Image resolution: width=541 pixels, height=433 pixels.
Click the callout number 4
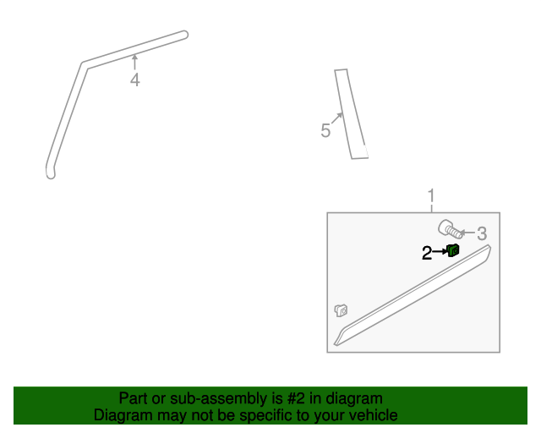pyautogui.click(x=134, y=80)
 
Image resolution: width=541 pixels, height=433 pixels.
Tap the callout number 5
pyautogui.click(x=325, y=131)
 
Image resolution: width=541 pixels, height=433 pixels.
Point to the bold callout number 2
pyautogui.click(x=427, y=252)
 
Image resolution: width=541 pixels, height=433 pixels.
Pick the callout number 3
pyautogui.click(x=482, y=233)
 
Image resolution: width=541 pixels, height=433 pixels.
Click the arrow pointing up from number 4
pyautogui.click(x=134, y=62)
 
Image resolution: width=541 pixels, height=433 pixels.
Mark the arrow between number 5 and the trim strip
pyautogui.click(x=336, y=119)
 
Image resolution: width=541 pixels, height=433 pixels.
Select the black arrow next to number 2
pyautogui.click(x=439, y=251)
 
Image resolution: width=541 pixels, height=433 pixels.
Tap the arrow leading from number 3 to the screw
pyautogui.click(x=467, y=232)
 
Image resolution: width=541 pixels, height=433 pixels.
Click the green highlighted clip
pyautogui.click(x=453, y=249)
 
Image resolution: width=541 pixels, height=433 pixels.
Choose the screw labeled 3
pyautogui.click(x=449, y=227)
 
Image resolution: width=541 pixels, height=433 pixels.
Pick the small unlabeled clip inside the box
pyautogui.click(x=342, y=310)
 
